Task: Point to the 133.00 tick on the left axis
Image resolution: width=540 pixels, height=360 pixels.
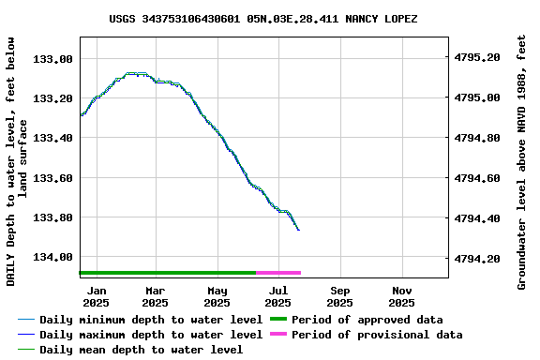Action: (53, 59)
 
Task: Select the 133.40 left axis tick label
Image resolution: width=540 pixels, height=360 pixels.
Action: (53, 138)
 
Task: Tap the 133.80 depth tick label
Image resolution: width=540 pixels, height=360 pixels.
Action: (53, 217)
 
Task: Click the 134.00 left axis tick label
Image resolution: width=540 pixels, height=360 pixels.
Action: (53, 257)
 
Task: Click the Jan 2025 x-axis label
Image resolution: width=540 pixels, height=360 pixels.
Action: (95, 296)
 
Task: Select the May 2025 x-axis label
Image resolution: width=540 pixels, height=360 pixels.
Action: (217, 296)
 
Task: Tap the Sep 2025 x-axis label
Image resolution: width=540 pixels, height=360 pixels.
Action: (340, 296)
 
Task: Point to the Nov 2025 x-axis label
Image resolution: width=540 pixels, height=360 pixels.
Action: (401, 296)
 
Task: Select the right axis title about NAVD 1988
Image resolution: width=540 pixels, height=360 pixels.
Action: (522, 161)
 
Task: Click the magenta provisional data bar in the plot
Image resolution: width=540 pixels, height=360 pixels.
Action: (278, 273)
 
